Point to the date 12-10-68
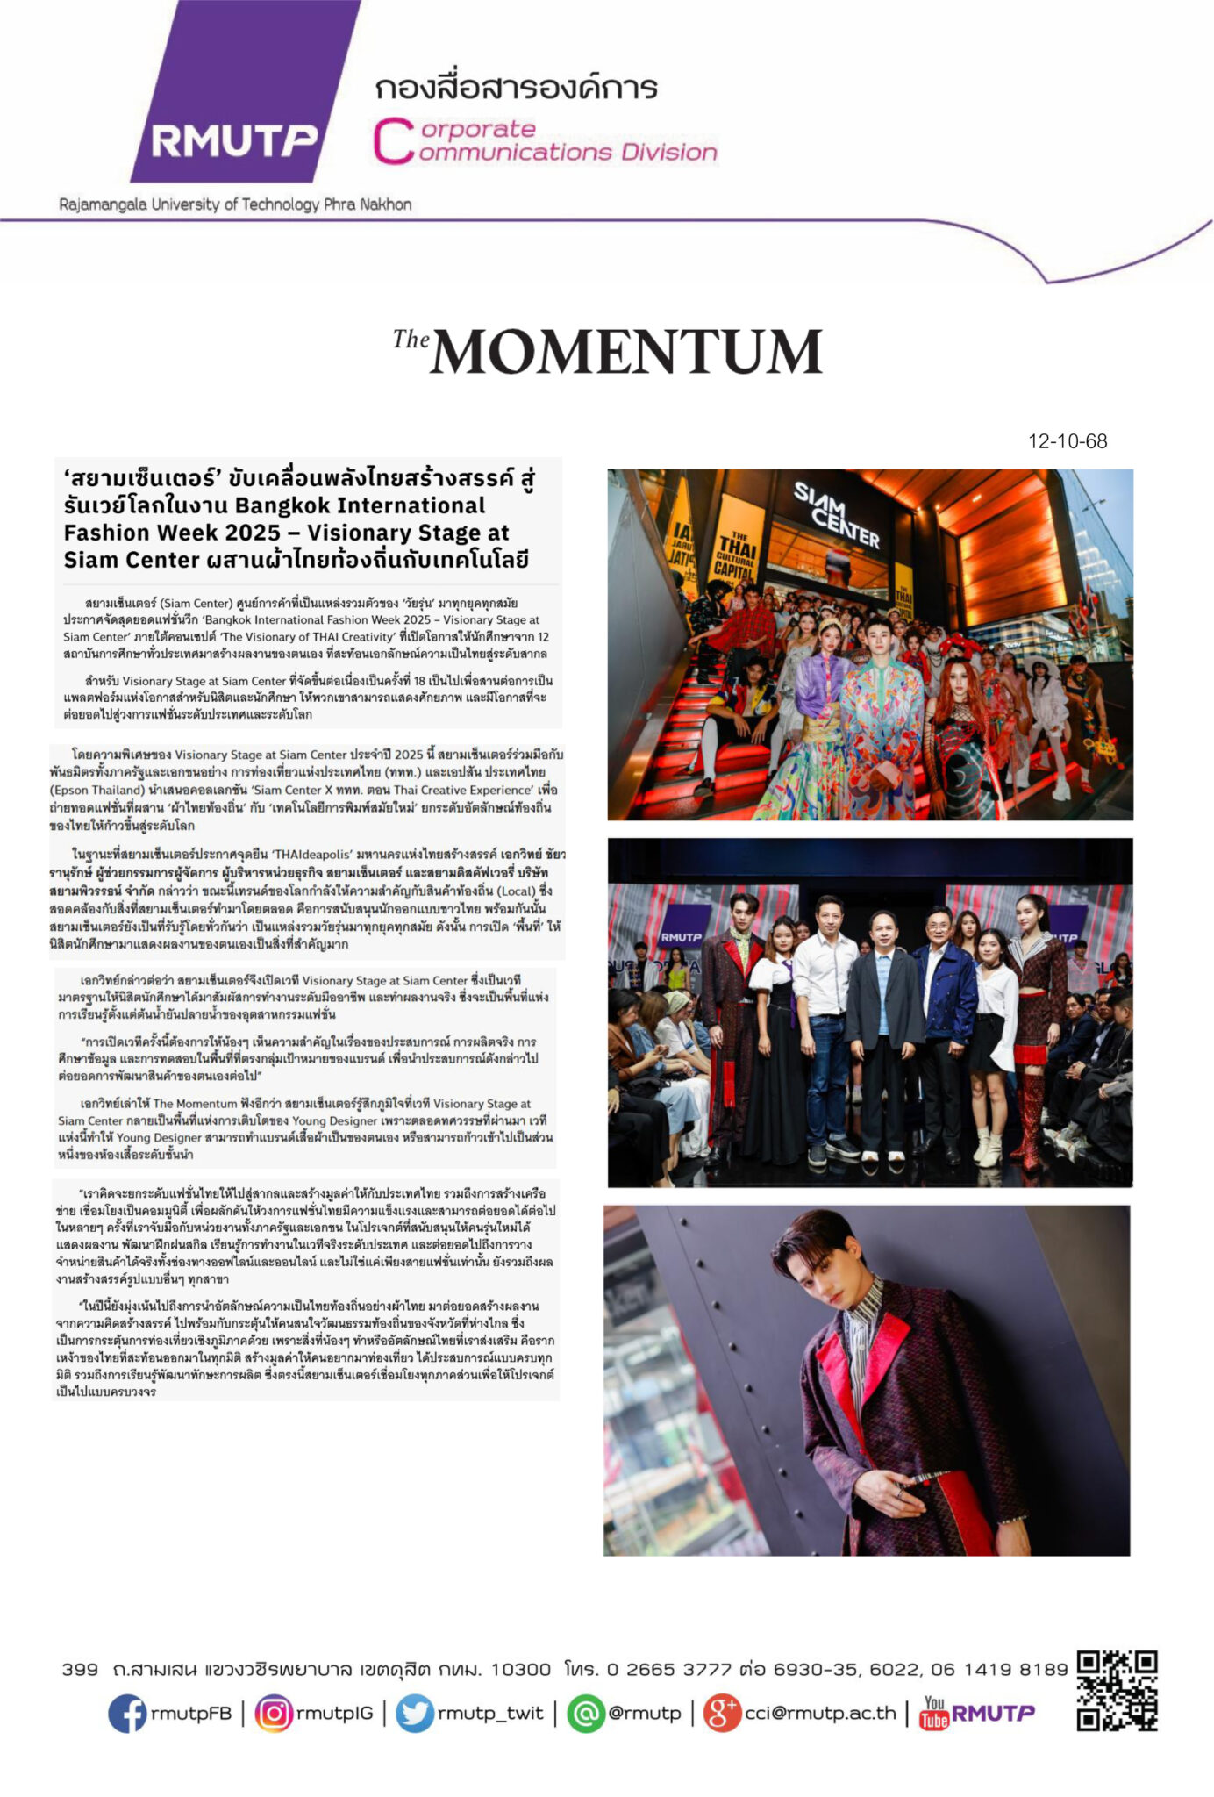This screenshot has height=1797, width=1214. click(1068, 441)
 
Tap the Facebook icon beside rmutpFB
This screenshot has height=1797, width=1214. click(127, 1712)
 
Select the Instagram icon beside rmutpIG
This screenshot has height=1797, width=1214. click(274, 1712)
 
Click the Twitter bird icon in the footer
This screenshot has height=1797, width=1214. click(415, 1712)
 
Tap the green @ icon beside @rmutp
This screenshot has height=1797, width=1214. click(586, 1712)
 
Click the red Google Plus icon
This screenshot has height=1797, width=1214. click(723, 1712)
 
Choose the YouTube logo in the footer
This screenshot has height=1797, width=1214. click(934, 1712)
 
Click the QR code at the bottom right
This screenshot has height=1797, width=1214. click(1117, 1691)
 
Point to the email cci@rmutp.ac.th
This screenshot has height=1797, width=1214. click(820, 1713)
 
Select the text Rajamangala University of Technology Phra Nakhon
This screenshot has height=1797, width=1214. click(235, 204)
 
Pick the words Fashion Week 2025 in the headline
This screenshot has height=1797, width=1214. click(173, 533)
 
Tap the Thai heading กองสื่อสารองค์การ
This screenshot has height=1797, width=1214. click(516, 88)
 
